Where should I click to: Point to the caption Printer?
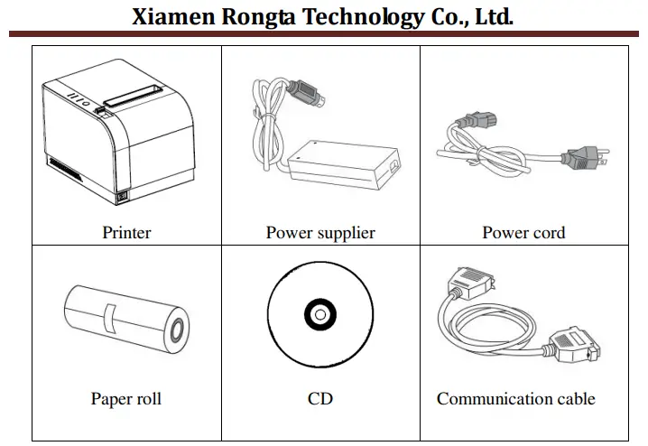point(126,232)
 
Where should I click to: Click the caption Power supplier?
point(320,232)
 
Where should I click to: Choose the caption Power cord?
point(523,232)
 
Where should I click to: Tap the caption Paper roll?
point(126,398)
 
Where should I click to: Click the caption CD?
point(320,398)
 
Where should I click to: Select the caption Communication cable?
point(516,398)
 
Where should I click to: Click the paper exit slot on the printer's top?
point(131,94)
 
